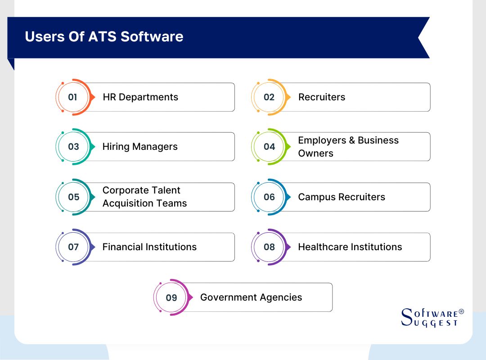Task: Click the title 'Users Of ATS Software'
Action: [104, 36]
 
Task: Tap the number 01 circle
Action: [73, 97]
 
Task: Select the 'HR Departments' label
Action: [140, 97]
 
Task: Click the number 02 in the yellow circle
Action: [269, 97]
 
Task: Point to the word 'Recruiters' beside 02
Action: [322, 97]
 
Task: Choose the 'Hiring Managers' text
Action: [140, 147]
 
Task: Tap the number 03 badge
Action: [73, 147]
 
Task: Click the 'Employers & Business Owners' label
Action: [348, 147]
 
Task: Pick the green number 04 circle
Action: [269, 147]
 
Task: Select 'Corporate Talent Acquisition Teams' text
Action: [144, 197]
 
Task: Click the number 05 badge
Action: [73, 197]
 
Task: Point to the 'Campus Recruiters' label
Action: [342, 197]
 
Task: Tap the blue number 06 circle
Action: [269, 197]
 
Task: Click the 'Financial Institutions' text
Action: [149, 247]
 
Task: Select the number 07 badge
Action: [73, 247]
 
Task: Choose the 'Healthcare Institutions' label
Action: [350, 247]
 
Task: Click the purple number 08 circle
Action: [269, 247]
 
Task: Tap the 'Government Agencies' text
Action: [251, 297]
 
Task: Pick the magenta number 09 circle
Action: [171, 297]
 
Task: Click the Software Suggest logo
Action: [432, 318]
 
